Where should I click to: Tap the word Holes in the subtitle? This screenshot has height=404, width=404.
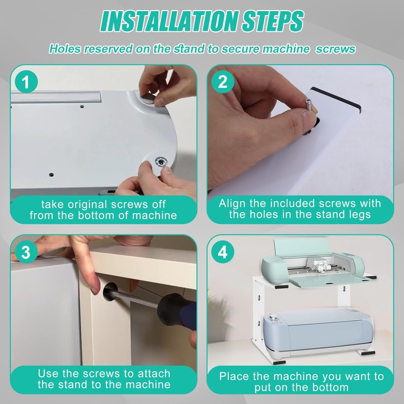(65, 49)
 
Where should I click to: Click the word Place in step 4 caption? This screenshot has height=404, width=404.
(235, 376)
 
